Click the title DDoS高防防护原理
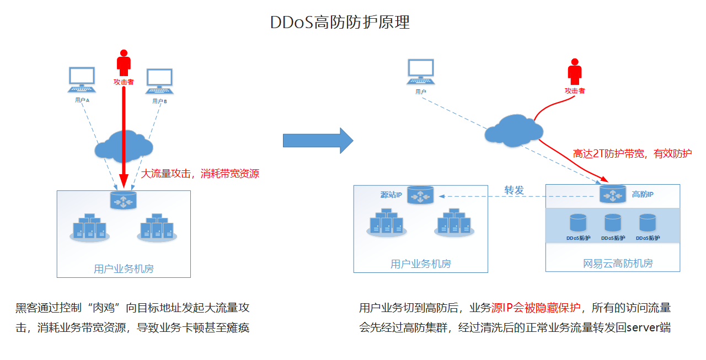[x=340, y=23]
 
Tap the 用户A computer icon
[x=82, y=80]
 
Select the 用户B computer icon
[x=160, y=82]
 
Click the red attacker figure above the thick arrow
[x=124, y=63]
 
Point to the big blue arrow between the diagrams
[x=318, y=141]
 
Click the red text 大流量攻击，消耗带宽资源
[x=200, y=174]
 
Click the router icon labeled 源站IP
[x=420, y=195]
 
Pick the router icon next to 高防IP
[x=612, y=194]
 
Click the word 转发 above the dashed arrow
[x=514, y=190]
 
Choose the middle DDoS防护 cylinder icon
[x=613, y=223]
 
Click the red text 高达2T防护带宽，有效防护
[x=632, y=154]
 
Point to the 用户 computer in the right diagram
[x=421, y=72]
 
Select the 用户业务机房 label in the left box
[x=124, y=269]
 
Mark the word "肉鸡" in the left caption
[x=105, y=308]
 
